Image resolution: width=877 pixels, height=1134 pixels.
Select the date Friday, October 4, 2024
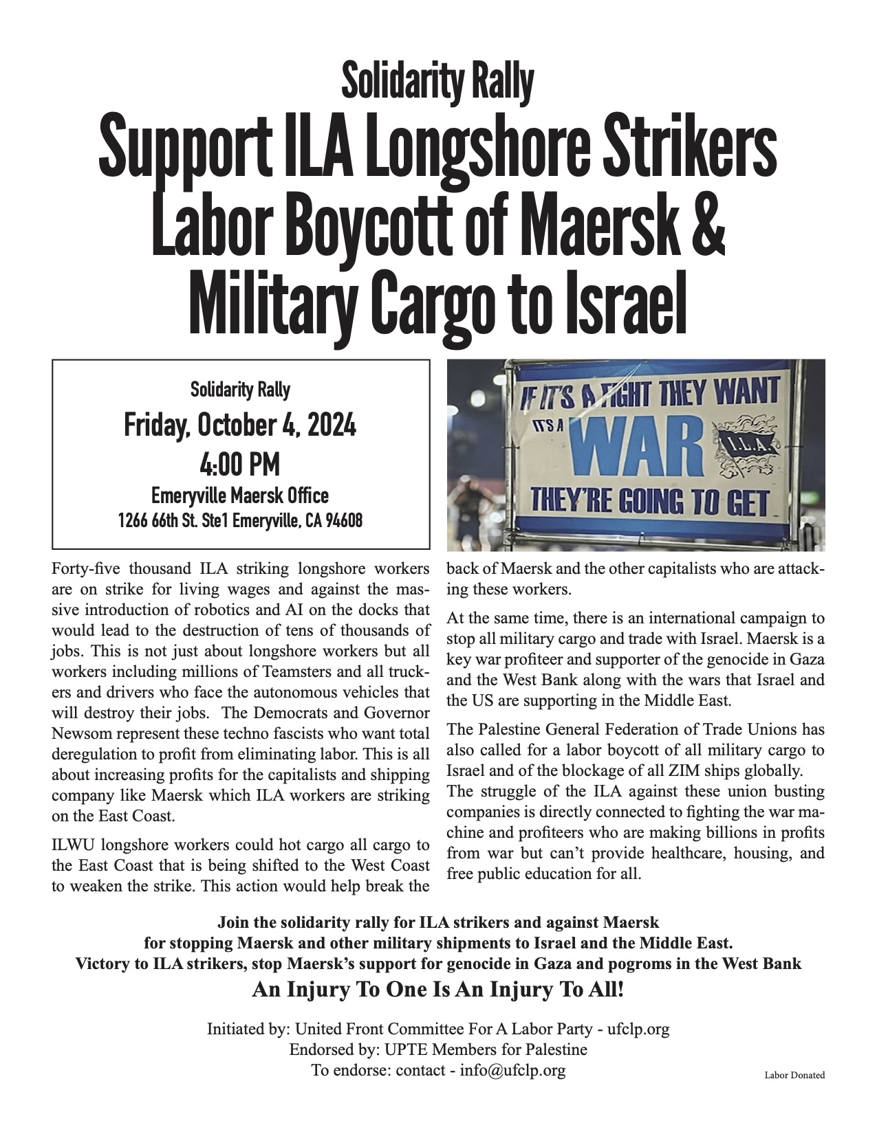point(240,426)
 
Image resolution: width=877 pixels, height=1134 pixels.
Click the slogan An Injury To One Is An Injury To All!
point(438,990)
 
